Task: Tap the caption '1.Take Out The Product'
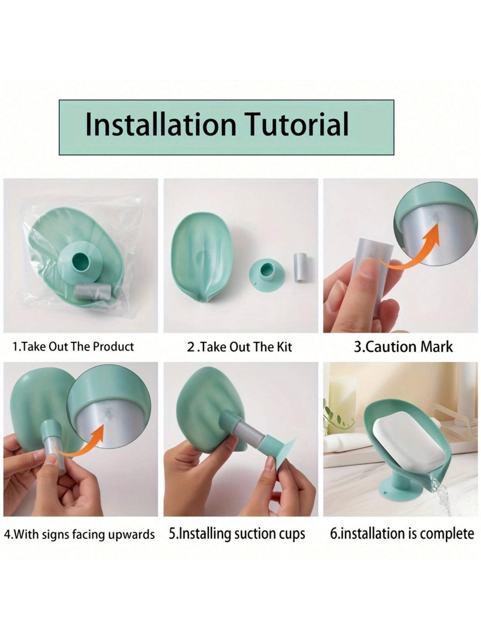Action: (73, 346)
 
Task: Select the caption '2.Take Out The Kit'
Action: (239, 347)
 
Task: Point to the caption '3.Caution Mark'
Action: (403, 347)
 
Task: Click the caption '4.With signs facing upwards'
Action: (80, 534)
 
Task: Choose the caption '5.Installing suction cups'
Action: (237, 534)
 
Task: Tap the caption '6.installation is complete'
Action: (402, 534)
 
